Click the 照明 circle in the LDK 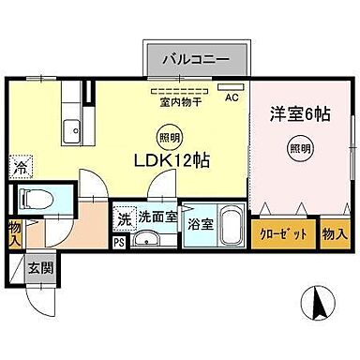165,133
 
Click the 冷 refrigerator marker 21,169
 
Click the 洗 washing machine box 124,218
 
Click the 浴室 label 199,224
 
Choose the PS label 118,240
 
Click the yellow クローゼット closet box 283,233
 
